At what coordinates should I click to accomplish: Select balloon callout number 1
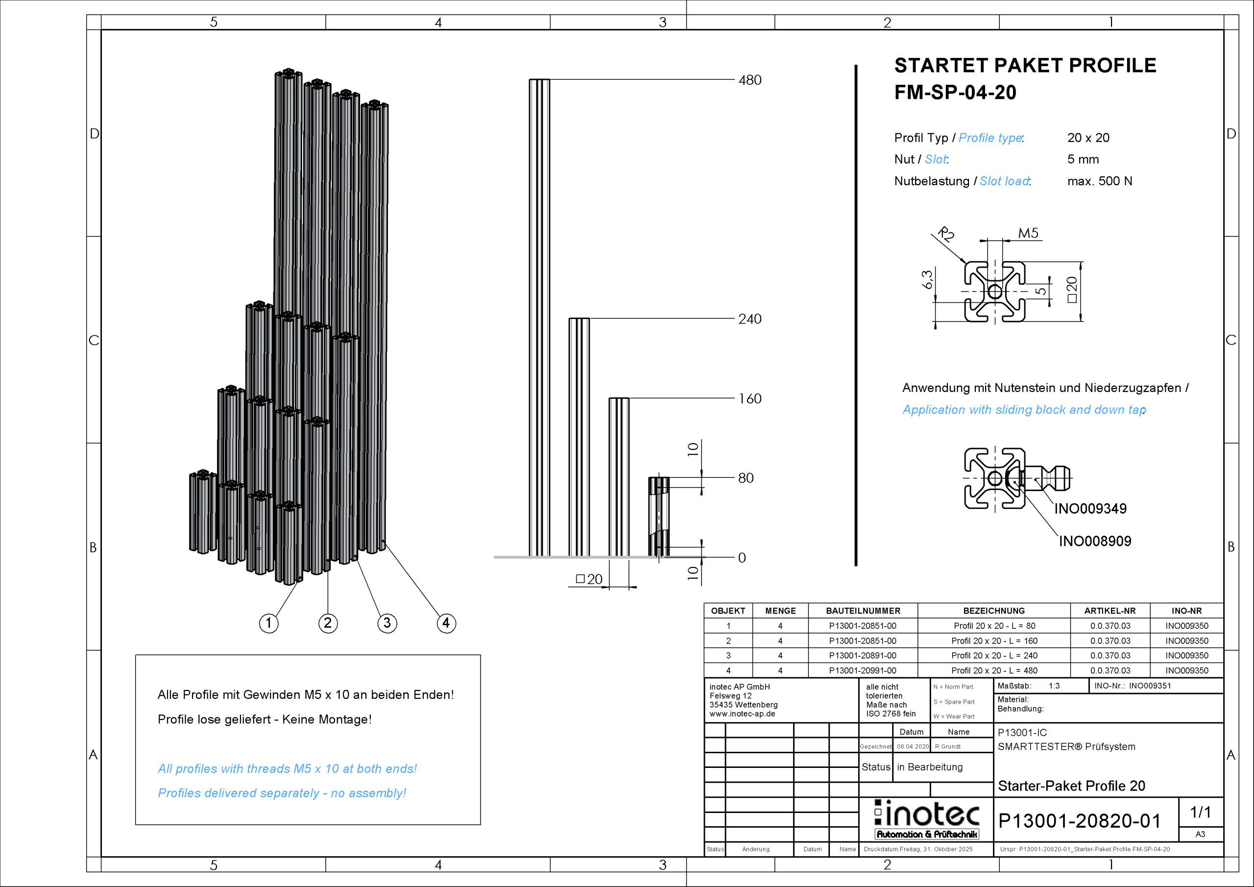pyautogui.click(x=268, y=623)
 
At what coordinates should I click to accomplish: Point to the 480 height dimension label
pyautogui.click(x=749, y=80)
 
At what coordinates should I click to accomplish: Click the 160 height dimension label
pyautogui.click(x=749, y=399)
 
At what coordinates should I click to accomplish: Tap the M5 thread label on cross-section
pyautogui.click(x=1028, y=233)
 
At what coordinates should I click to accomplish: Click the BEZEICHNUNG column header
pyautogui.click(x=993, y=611)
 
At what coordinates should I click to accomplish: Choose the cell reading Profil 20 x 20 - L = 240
pyautogui.click(x=993, y=655)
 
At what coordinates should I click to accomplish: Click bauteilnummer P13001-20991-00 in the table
pyautogui.click(x=863, y=670)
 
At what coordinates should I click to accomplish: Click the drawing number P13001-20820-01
pyautogui.click(x=1079, y=821)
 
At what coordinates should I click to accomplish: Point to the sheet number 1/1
pyautogui.click(x=1201, y=812)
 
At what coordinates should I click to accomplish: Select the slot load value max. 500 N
pyautogui.click(x=1099, y=181)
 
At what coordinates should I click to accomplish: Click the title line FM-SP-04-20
pyautogui.click(x=955, y=92)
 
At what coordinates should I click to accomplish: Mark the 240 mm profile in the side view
pyautogui.click(x=579, y=437)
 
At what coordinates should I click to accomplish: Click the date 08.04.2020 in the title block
pyautogui.click(x=913, y=746)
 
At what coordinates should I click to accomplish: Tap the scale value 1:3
pyautogui.click(x=1054, y=686)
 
